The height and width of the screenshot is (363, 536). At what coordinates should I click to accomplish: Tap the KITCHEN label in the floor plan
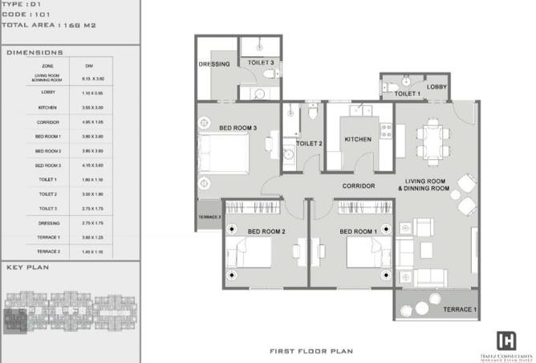click(x=358, y=139)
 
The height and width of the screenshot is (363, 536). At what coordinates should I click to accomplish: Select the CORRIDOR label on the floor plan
click(x=359, y=186)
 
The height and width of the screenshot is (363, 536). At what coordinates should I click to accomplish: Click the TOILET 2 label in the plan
click(x=309, y=144)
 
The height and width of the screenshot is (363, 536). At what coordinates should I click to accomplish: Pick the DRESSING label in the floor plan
click(x=214, y=64)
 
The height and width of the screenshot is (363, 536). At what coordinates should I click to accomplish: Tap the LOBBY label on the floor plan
click(x=437, y=87)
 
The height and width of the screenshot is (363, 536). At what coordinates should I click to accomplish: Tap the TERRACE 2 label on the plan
click(x=208, y=217)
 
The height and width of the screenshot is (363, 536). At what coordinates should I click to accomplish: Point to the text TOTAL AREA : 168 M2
click(x=50, y=26)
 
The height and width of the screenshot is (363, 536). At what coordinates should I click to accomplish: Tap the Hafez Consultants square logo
click(x=506, y=339)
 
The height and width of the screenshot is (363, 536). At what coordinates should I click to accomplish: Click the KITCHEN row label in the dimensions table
click(x=47, y=107)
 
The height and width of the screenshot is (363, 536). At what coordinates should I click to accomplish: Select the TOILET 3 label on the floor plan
click(x=261, y=62)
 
